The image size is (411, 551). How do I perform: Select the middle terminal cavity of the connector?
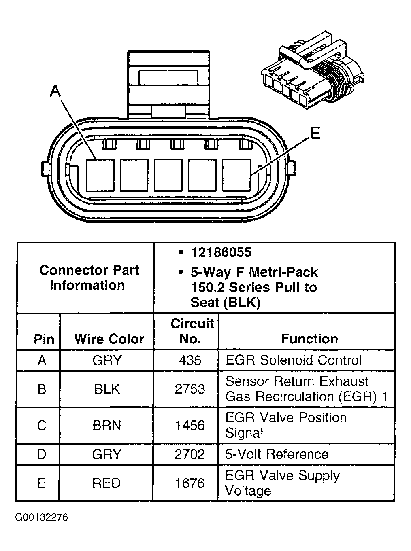[x=168, y=175]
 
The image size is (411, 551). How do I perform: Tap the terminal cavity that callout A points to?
[x=100, y=175]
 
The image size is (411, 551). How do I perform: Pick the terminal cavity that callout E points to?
[x=236, y=175]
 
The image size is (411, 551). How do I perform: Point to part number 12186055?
[x=221, y=252]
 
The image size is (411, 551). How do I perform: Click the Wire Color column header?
[x=109, y=339]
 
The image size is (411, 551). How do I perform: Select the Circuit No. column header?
[x=192, y=331]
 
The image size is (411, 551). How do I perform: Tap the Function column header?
[x=309, y=339]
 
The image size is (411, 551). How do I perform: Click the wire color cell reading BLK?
[x=107, y=389]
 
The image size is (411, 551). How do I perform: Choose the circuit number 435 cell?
[x=190, y=360]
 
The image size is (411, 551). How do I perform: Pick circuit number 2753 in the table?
[x=190, y=389]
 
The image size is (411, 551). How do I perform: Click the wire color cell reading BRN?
[x=107, y=426]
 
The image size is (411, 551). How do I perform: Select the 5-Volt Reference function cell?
[x=277, y=454]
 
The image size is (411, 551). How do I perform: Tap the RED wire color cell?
[x=106, y=483]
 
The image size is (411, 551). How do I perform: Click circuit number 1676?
[x=190, y=483]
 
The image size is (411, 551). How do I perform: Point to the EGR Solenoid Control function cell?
[x=293, y=360]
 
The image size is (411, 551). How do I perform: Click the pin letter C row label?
[x=42, y=426]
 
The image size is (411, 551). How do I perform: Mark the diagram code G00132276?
[x=42, y=517]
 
